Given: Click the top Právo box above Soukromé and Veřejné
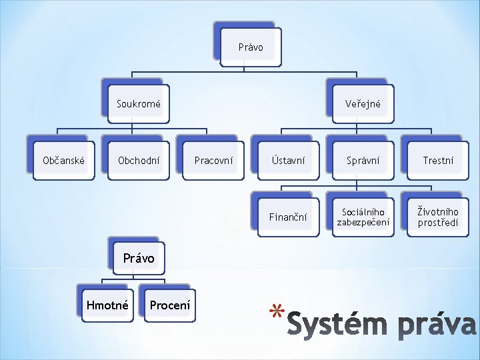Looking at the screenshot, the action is point(251,47).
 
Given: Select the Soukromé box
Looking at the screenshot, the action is point(139,104).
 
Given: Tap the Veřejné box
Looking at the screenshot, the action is point(363,104).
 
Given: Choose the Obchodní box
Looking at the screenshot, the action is point(139,160).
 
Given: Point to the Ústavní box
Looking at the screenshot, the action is point(288,160).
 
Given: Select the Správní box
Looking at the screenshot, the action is point(363,160).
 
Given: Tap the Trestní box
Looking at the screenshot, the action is point(438,160).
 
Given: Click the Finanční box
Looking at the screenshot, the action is point(288,217).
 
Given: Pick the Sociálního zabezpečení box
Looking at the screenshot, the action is point(363,217).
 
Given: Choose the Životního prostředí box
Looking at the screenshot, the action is point(438,217).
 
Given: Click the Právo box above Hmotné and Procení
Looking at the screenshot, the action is point(138,258).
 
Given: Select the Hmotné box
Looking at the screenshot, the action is point(107,305).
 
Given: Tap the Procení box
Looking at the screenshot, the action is point(170,305).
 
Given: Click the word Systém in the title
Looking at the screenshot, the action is point(337,324).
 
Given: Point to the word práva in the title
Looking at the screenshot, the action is point(435,325).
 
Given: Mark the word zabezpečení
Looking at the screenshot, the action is point(363,223).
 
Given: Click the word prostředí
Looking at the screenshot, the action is point(438,223).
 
